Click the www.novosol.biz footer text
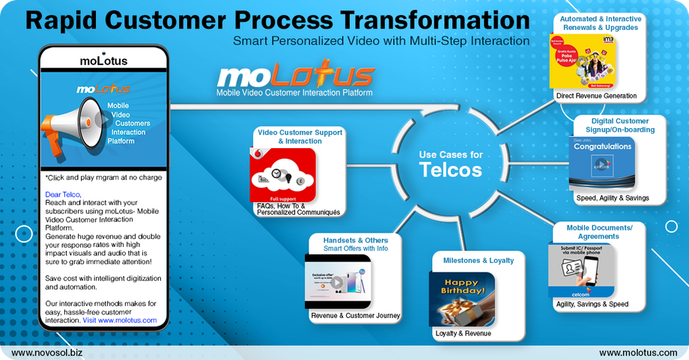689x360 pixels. tap(43, 352)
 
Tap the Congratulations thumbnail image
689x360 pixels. tap(601, 162)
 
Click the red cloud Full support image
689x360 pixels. tap(284, 174)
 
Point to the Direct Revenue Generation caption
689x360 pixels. tap(596, 96)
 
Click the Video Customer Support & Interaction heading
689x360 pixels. tap(300, 136)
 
